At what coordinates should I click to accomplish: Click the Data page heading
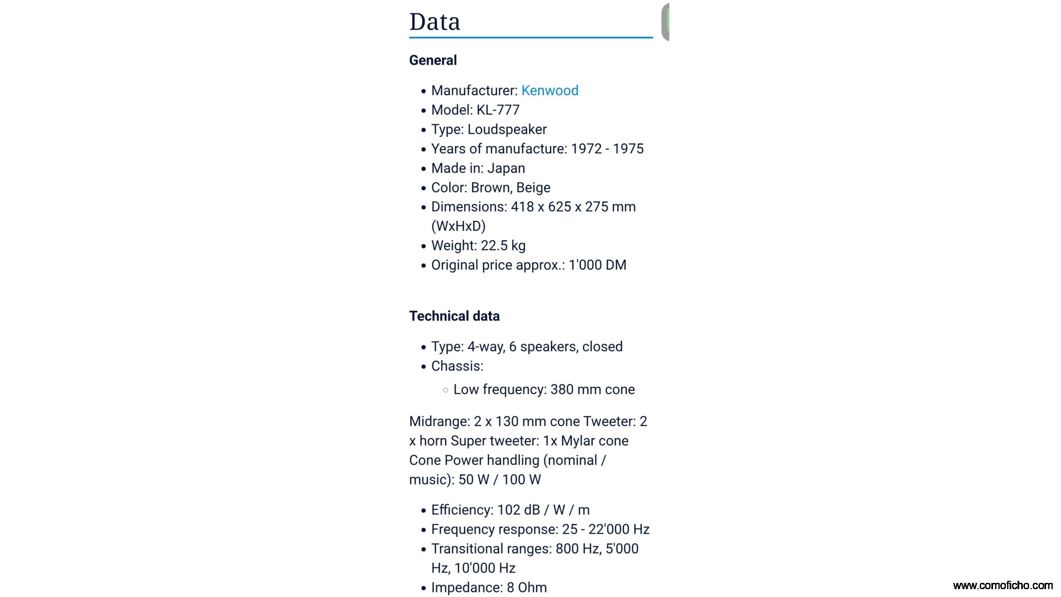434,22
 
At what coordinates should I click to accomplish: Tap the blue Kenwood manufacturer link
550,90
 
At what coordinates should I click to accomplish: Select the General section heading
433,60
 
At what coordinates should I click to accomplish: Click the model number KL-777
498,110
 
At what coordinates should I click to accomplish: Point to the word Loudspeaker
507,129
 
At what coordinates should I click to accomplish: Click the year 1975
628,149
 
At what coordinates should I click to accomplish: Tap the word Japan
506,168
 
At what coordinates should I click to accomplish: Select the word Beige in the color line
533,188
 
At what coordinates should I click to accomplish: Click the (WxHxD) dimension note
458,226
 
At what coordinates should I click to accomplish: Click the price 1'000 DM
597,265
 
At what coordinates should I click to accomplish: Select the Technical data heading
454,316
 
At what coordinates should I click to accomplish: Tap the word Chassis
456,366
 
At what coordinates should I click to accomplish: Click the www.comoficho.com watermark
1003,585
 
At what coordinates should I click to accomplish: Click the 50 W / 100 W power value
499,480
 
